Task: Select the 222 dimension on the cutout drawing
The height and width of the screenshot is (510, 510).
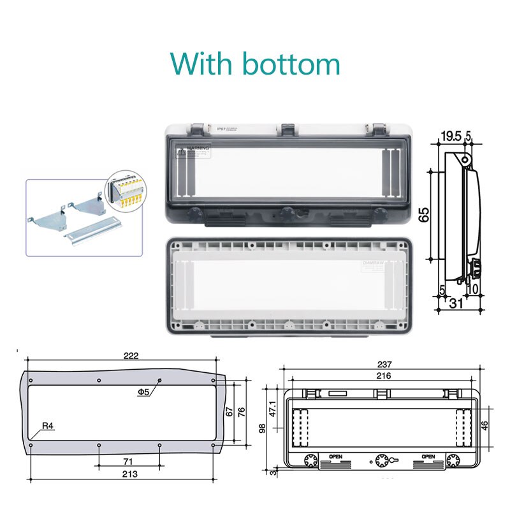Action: click(131, 356)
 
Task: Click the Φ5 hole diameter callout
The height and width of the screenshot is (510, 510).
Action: click(145, 392)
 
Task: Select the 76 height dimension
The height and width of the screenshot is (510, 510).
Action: click(241, 412)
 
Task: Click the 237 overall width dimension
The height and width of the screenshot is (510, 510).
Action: click(384, 364)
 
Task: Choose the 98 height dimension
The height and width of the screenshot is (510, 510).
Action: click(262, 429)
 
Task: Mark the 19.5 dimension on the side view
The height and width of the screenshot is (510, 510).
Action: click(450, 135)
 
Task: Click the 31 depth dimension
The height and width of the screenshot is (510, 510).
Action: click(456, 304)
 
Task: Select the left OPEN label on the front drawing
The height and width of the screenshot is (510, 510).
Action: click(335, 457)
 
